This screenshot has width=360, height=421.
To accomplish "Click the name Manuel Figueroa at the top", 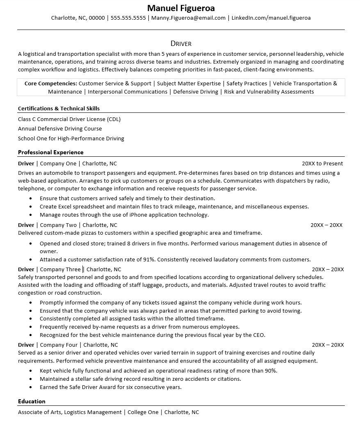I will [x=181, y=8].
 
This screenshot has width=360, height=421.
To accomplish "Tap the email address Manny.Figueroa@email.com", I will [x=188, y=18].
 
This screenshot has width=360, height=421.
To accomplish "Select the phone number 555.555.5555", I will [x=128, y=18].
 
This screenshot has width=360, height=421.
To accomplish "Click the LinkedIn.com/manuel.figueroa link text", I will [x=271, y=18].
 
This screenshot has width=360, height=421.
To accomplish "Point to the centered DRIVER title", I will [x=181, y=43].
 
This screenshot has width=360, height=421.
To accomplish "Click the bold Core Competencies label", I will [x=50, y=83].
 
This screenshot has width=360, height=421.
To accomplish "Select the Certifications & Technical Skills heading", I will [x=59, y=109].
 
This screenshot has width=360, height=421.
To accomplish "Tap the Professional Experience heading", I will [x=50, y=152].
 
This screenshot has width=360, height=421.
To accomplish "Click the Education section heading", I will [x=32, y=401].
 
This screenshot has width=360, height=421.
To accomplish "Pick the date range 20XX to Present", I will [x=322, y=163].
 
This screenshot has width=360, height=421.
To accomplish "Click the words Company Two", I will [x=58, y=225].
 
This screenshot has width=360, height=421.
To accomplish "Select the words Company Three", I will [x=60, y=269].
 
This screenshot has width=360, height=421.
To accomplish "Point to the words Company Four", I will [x=59, y=345].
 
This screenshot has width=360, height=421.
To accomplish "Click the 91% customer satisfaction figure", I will [x=148, y=259].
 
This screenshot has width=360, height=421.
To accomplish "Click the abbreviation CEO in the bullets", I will [x=258, y=335].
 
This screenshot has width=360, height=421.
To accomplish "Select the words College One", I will [x=143, y=412].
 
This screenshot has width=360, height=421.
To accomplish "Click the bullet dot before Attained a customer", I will [x=31, y=260].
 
